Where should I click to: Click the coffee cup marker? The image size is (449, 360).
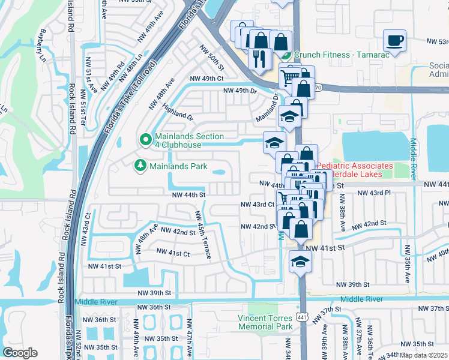click(x=394, y=40)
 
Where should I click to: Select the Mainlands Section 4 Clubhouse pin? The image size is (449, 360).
click(x=145, y=140)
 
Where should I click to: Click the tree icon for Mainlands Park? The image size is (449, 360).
click(x=140, y=165)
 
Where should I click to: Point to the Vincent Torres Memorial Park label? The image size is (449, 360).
click(x=265, y=322)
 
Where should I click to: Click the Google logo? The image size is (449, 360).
click(x=20, y=353)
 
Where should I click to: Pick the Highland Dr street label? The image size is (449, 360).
click(x=177, y=110)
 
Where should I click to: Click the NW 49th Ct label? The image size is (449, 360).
click(x=206, y=79)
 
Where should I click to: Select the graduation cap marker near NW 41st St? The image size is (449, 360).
click(x=300, y=261)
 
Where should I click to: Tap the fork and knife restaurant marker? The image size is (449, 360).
click(x=259, y=58)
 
